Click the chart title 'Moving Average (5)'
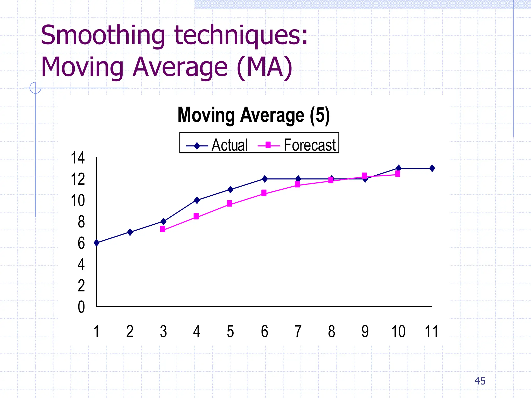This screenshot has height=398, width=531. [x=254, y=115]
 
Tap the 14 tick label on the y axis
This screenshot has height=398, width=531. [x=78, y=158]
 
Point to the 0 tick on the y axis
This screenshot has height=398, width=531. [x=81, y=307]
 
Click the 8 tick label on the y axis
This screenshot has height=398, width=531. [x=81, y=222]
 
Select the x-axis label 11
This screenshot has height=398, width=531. [x=431, y=331]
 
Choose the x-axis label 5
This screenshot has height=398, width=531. [x=230, y=331]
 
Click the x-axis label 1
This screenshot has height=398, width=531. [x=96, y=331]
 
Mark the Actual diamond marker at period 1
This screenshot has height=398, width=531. [x=96, y=243]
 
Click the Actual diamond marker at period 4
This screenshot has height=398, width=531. [x=197, y=200]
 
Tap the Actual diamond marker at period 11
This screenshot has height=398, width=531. [x=432, y=168]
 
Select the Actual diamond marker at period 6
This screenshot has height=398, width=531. [x=264, y=179]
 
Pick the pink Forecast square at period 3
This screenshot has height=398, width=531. [x=163, y=229]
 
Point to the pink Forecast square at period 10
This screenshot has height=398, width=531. [x=398, y=174]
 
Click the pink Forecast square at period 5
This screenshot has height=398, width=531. [x=229, y=203]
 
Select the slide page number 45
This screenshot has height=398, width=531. [x=480, y=381]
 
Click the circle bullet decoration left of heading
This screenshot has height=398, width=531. [x=35, y=88]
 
